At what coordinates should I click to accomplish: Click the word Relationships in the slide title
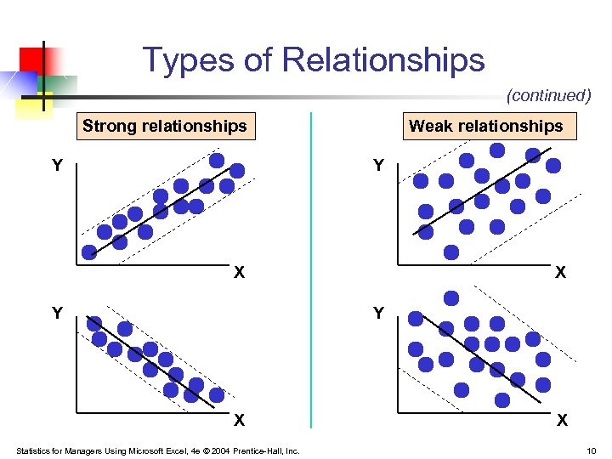[383, 60]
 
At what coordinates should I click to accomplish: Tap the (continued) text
[548, 96]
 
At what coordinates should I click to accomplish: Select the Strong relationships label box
[164, 127]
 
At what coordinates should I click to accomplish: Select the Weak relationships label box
[485, 127]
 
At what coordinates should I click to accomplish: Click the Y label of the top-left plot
[56, 166]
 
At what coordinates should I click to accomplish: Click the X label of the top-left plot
[240, 273]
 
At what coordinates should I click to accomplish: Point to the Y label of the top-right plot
[379, 166]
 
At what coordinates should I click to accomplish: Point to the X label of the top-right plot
[560, 273]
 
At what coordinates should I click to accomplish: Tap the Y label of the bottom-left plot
[56, 314]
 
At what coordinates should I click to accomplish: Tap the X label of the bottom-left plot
[240, 420]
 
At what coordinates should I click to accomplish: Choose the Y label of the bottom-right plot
[379, 314]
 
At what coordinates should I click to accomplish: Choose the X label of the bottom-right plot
[560, 420]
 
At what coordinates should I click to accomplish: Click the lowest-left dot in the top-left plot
[89, 251]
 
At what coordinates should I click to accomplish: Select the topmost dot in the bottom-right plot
[451, 298]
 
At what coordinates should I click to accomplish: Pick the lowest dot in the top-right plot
[451, 252]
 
